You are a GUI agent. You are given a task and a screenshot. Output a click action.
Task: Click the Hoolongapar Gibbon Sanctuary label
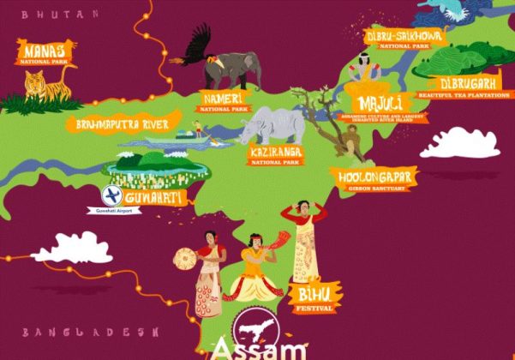click(x=377, y=178)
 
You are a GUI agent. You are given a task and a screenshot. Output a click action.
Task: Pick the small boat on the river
click(x=188, y=135)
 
